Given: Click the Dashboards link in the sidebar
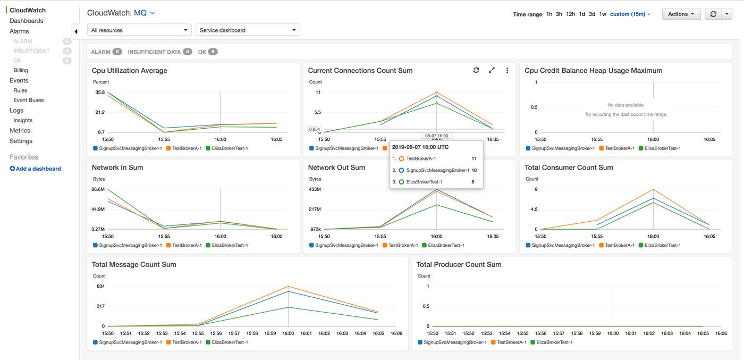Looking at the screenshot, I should [x=26, y=21].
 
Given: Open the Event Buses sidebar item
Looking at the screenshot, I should [x=29, y=100].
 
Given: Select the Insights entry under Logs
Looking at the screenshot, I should [x=23, y=120].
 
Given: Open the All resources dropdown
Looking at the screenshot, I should [x=139, y=30].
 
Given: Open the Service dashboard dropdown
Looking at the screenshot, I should [x=248, y=30].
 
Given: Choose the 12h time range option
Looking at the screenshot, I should [x=570, y=14].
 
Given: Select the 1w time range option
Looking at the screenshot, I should [x=603, y=14].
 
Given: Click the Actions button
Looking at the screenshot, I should [x=681, y=14].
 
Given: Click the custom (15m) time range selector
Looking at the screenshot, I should [x=630, y=14].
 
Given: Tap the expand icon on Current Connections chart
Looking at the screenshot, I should [x=492, y=70].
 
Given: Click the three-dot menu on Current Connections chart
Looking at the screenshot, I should [x=507, y=70].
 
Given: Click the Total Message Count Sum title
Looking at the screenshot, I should [x=134, y=264].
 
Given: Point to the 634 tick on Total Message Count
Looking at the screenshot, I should [x=100, y=286].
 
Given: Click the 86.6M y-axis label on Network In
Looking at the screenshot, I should [x=98, y=189].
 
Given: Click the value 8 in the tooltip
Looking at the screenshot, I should [x=473, y=182].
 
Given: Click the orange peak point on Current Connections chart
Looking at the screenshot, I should [x=436, y=93].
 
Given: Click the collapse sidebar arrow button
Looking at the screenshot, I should [x=75, y=31].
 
